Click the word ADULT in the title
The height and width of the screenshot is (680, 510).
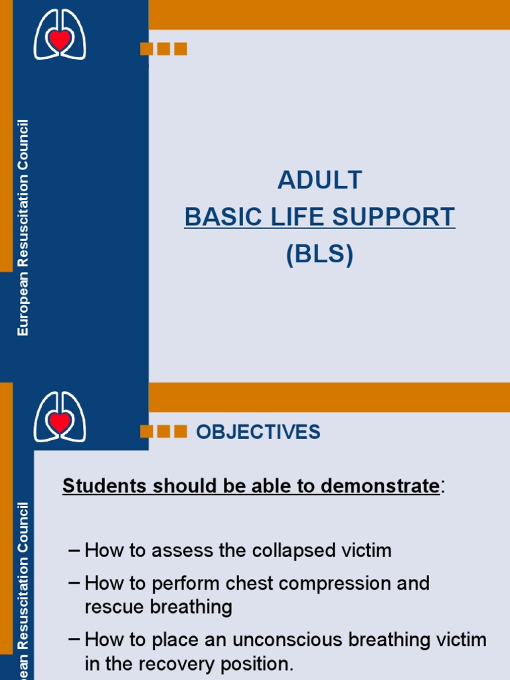point(320,180)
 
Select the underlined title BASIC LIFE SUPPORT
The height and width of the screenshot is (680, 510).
point(319,217)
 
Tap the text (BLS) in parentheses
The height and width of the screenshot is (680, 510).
point(319,254)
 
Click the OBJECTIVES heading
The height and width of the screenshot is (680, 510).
point(258,432)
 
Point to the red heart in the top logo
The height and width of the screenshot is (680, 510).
point(60,40)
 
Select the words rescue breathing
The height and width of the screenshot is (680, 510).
point(158,606)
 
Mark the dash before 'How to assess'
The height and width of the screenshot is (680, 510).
point(74,551)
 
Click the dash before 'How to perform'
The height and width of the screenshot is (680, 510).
point(74,583)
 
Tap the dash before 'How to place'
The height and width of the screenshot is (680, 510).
point(74,639)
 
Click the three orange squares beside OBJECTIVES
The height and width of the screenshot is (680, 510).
point(163,432)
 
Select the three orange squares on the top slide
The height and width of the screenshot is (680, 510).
point(163,48)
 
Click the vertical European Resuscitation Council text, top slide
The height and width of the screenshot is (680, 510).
point(23,228)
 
